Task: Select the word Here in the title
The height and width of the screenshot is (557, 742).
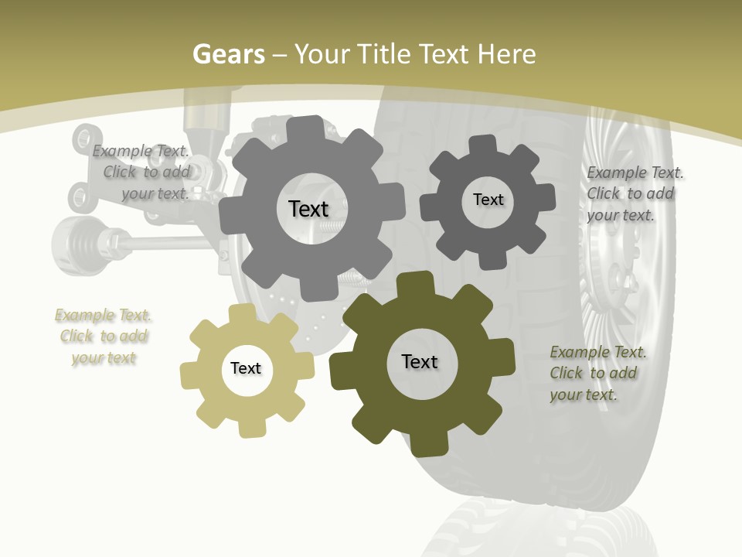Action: (506, 54)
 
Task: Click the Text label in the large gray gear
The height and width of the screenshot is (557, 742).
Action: (308, 209)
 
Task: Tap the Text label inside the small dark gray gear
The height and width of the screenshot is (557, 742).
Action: (488, 200)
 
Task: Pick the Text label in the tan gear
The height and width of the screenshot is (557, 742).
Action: (246, 368)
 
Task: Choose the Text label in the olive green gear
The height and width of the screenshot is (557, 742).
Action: (420, 361)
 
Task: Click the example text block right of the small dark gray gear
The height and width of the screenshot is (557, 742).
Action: (634, 193)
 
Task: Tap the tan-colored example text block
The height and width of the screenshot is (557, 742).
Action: (104, 337)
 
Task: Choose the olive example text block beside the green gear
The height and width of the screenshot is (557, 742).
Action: (597, 373)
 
